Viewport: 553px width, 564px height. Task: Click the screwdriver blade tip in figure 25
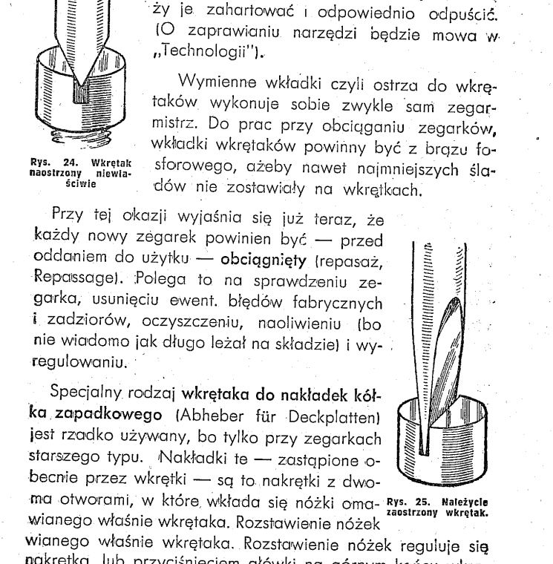[x=425, y=445]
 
